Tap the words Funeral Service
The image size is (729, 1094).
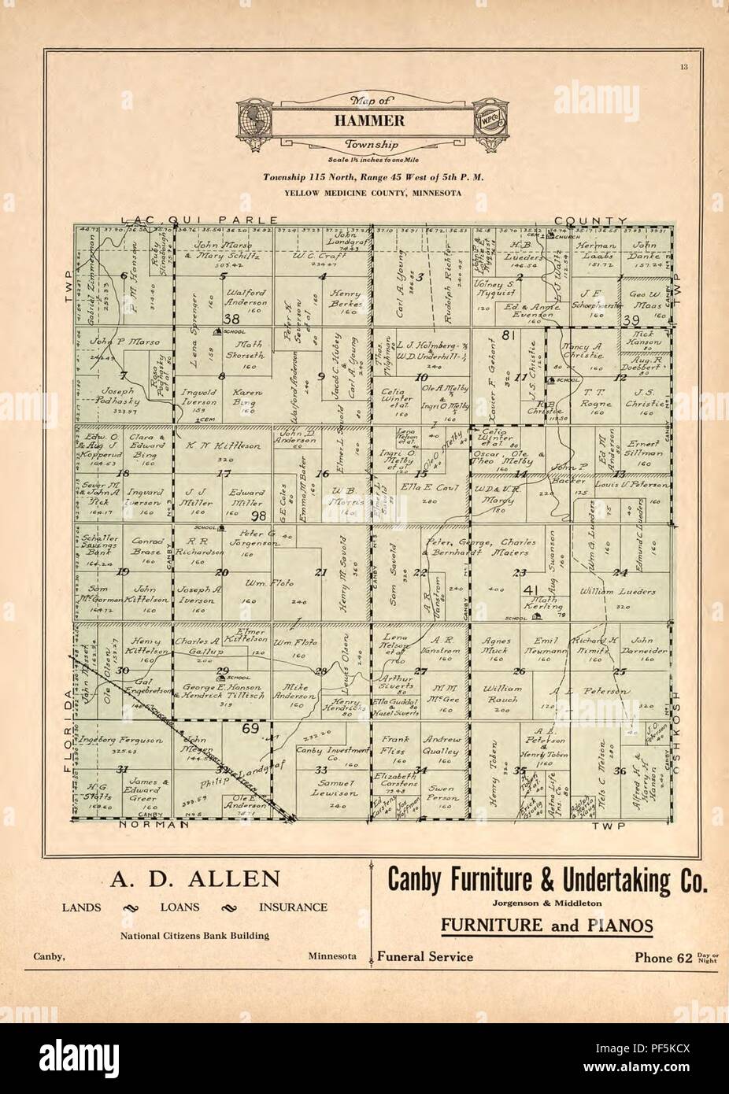(425, 957)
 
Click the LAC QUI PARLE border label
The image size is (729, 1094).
(199, 220)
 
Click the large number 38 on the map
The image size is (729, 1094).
(231, 319)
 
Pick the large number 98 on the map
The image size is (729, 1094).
(257, 516)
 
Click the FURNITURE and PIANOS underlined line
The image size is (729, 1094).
(546, 926)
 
